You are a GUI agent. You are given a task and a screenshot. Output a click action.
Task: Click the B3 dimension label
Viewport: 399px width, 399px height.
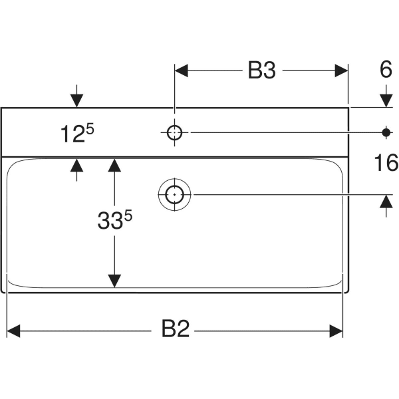click(261, 71)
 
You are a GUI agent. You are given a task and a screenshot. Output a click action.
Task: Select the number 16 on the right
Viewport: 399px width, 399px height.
click(386, 162)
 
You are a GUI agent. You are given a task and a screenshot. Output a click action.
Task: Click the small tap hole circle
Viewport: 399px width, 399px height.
click(174, 132)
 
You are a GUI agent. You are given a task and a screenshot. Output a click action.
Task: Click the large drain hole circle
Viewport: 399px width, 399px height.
click(174, 195)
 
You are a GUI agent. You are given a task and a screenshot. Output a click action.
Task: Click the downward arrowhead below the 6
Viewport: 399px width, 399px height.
click(386, 99)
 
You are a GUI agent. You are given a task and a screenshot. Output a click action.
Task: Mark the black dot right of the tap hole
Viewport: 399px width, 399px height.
click(386, 132)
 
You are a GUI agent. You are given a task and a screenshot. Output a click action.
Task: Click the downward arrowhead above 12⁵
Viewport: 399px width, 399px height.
click(77, 100)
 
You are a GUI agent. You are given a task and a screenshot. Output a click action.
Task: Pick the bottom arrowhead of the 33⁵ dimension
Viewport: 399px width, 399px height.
click(115, 282)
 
